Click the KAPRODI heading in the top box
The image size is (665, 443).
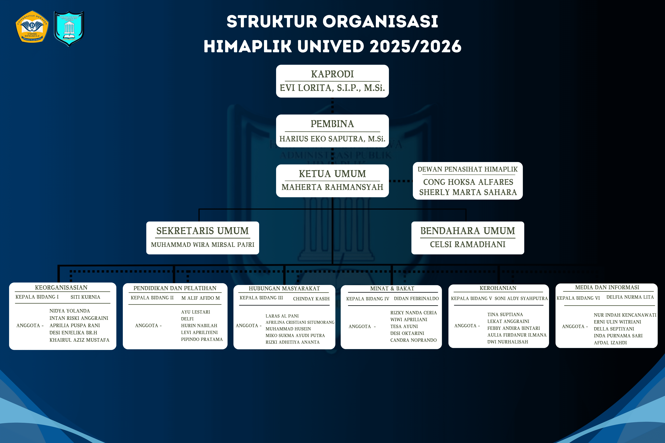pyautogui.click(x=332, y=74)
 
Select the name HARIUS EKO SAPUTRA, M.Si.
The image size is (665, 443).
pyautogui.click(x=332, y=139)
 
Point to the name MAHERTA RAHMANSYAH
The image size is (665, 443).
pyautogui.click(x=332, y=187)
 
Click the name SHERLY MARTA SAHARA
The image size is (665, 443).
pyautogui.click(x=468, y=192)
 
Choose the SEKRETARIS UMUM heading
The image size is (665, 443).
pyautogui.click(x=202, y=231)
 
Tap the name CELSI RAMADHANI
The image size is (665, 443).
pyautogui.click(x=468, y=244)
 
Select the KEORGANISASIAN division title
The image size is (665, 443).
pyautogui.click(x=61, y=288)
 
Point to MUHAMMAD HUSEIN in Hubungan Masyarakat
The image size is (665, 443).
pyautogui.click(x=288, y=329)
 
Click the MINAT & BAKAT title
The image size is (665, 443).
pyautogui.click(x=392, y=289)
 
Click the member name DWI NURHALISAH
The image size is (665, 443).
pyautogui.click(x=508, y=342)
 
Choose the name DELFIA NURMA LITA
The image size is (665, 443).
pyautogui.click(x=630, y=297)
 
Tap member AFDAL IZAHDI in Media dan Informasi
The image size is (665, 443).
pyautogui.click(x=610, y=343)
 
